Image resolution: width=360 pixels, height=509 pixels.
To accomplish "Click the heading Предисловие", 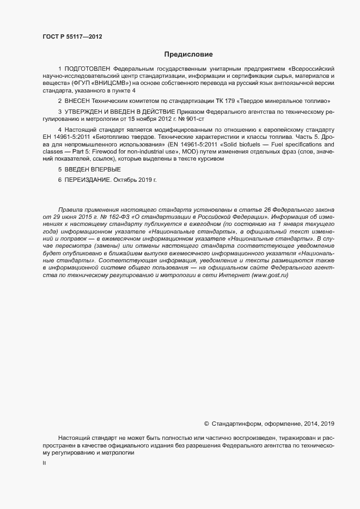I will (x=188, y=54).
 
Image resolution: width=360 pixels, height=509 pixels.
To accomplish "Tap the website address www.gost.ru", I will (x=270, y=276).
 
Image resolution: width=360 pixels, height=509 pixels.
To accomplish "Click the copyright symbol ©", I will (x=206, y=424).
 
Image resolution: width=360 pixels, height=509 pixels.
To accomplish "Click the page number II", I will (x=44, y=464).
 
